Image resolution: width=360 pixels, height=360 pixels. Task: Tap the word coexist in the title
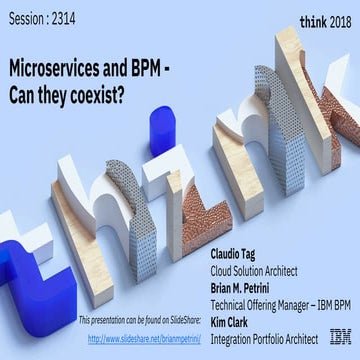[103, 96]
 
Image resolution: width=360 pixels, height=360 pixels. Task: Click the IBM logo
[340, 337]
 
